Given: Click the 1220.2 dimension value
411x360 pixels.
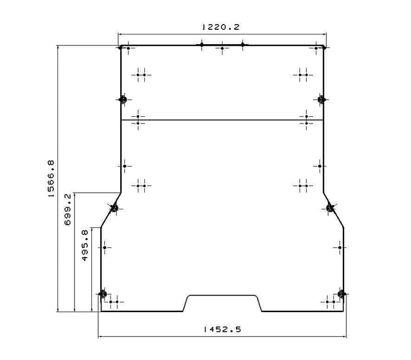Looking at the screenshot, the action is click(x=221, y=27).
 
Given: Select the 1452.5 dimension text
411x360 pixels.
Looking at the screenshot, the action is click(x=222, y=329).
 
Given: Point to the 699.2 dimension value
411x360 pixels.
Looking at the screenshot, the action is click(x=68, y=210).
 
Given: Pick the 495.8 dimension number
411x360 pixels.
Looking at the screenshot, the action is click(x=85, y=245).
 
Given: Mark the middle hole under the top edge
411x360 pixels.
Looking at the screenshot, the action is click(x=222, y=48).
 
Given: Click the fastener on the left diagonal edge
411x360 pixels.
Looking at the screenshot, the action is click(x=114, y=209).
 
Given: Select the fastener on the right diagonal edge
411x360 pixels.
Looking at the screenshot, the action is click(x=330, y=208).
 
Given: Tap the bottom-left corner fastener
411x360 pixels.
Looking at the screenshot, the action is click(x=102, y=294).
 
